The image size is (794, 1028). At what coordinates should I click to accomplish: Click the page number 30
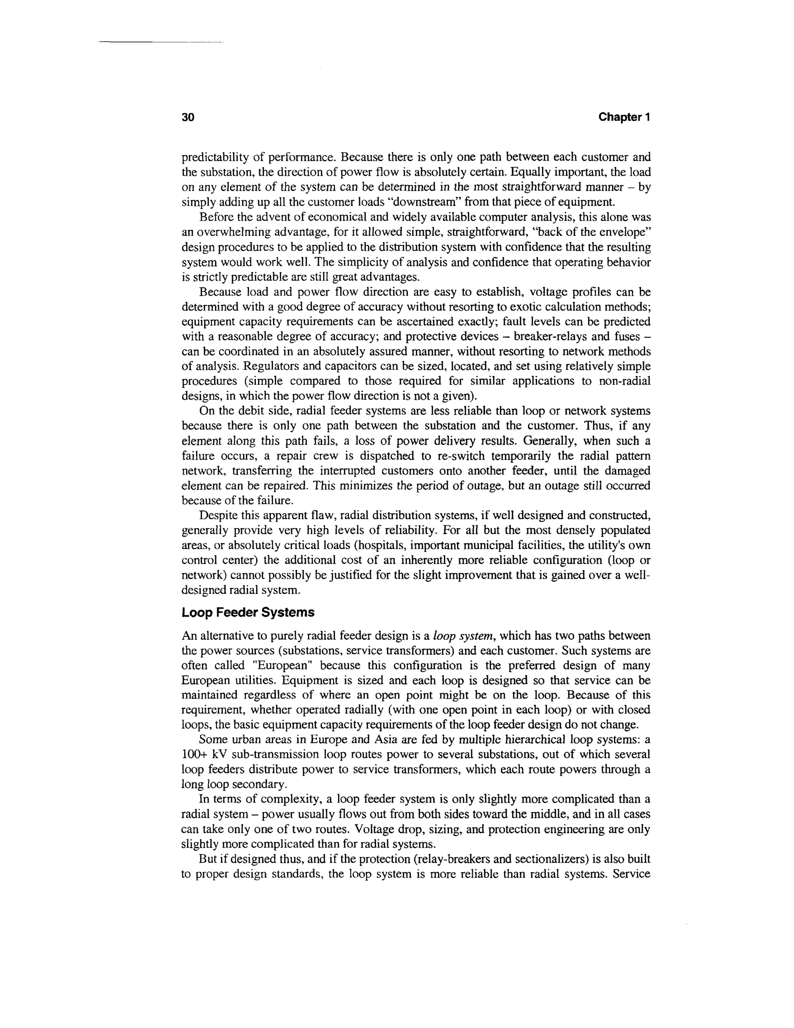point(188,117)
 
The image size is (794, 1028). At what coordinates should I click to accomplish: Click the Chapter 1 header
point(624,117)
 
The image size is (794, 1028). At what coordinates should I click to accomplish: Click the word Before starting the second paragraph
point(216,218)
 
